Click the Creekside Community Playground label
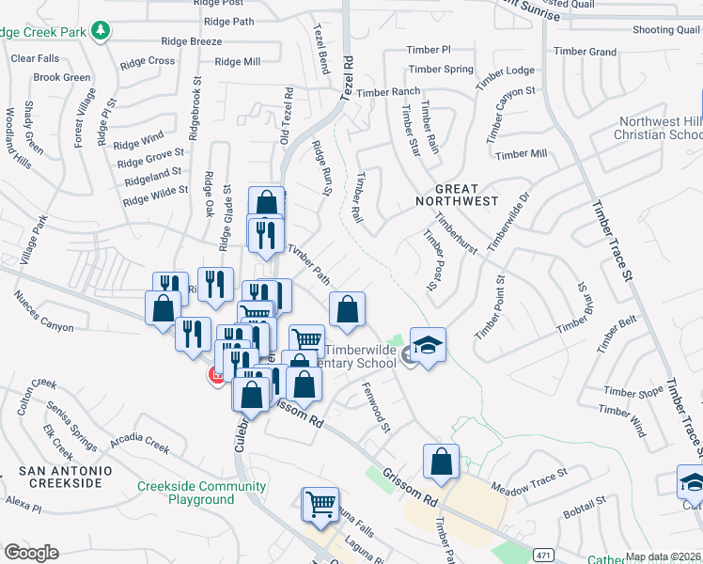pos(201,493)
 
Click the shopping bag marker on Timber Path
pos(347,309)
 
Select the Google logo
pos(31,552)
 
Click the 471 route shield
pos(543,556)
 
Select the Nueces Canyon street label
pos(43,311)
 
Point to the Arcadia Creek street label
pos(139,443)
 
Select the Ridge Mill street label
pos(237,62)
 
